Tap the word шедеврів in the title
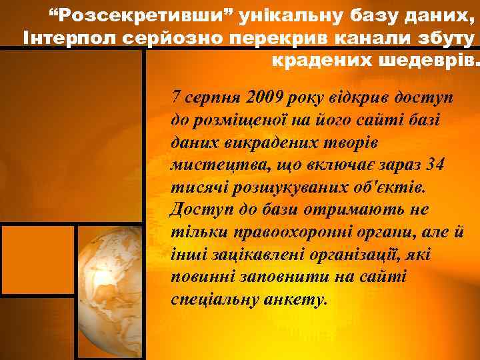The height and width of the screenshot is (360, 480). point(429,61)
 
